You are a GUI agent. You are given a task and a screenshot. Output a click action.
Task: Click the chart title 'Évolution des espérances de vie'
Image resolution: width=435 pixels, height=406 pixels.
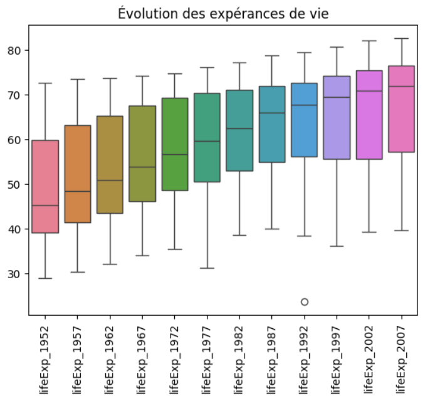pyautogui.click(x=223, y=13)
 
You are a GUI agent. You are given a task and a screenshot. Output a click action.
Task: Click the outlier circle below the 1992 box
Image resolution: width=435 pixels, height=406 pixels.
pyautogui.click(x=305, y=302)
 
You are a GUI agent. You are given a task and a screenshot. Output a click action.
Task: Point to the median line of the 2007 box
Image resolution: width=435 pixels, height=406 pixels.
pyautogui.click(x=402, y=86)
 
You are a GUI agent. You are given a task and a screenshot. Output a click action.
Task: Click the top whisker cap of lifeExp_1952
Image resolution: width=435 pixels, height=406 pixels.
pyautogui.click(x=45, y=83)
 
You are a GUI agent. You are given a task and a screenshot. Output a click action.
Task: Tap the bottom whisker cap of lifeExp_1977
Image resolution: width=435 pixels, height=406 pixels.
pyautogui.click(x=207, y=268)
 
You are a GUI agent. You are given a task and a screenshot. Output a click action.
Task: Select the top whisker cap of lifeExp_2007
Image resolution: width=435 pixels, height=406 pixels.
pyautogui.click(x=402, y=38)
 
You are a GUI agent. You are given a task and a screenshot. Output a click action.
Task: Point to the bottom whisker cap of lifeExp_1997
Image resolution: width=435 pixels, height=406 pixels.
pyautogui.click(x=337, y=246)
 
